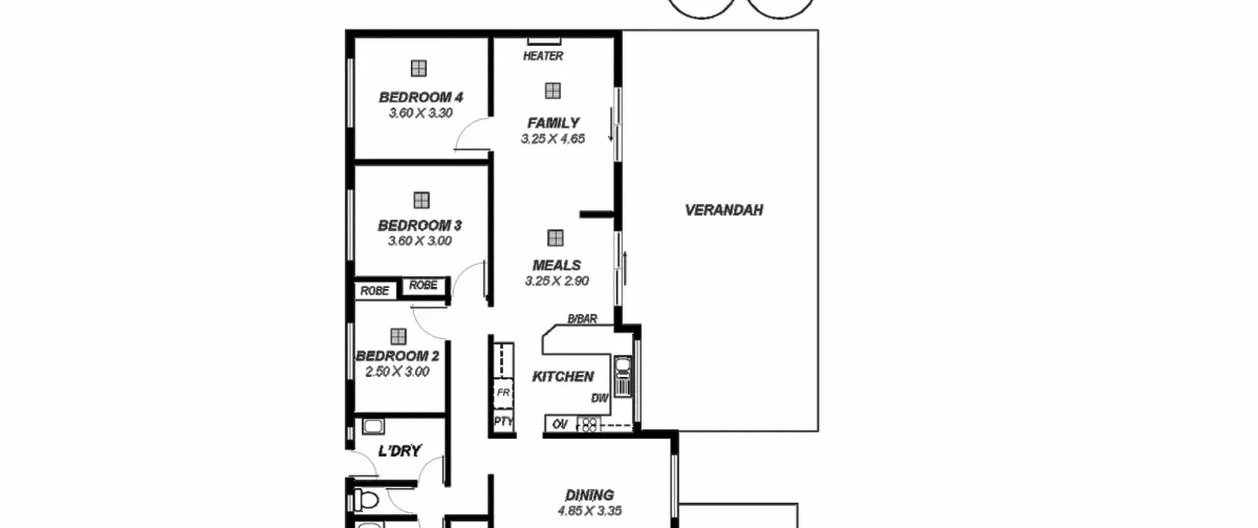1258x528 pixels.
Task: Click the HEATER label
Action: [x=543, y=56]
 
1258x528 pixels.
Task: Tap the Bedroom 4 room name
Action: [x=421, y=97]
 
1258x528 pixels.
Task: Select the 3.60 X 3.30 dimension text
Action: [x=421, y=113]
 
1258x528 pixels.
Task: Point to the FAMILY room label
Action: [x=553, y=123]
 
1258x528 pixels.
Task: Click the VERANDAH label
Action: [x=724, y=210]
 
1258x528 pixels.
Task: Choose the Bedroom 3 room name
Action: [x=420, y=225]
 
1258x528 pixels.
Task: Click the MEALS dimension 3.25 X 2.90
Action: [x=557, y=281]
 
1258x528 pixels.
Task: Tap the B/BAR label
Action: [x=582, y=319]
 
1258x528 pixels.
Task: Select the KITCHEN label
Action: [x=563, y=377]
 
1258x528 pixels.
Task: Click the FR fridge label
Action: [x=503, y=393]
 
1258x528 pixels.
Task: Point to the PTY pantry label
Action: [x=504, y=421]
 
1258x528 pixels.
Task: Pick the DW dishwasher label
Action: [x=600, y=398]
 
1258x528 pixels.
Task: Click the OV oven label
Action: [x=560, y=424]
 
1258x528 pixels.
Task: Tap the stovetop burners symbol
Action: [x=589, y=424]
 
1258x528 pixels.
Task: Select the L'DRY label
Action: [x=400, y=451]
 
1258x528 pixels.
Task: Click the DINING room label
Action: [x=589, y=495]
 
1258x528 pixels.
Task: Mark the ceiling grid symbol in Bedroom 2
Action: [x=398, y=336]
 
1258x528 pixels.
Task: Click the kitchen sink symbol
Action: [x=623, y=376]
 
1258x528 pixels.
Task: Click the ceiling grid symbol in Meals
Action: [x=555, y=238]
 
